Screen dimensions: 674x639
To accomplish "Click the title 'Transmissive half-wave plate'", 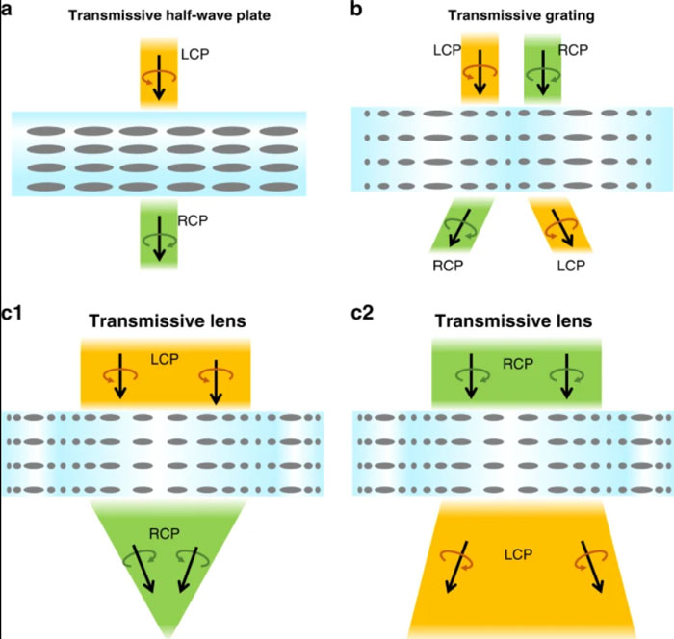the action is tap(169, 16).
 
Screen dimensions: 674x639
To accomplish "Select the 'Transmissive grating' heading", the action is tap(521, 16).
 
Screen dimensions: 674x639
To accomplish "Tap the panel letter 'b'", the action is tap(356, 8).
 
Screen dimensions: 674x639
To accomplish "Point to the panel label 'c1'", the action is tap(12, 313).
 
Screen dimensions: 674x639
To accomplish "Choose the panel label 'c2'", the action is tap(362, 313).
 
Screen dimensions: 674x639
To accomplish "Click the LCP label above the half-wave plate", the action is tap(194, 54).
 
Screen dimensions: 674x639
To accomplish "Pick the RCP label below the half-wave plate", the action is tap(193, 220).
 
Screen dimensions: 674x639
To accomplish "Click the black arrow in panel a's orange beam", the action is tap(159, 77).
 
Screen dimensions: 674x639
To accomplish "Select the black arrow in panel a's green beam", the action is tap(160, 238).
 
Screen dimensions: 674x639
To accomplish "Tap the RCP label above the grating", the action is tap(573, 50).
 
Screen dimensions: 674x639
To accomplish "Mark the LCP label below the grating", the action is tap(571, 266).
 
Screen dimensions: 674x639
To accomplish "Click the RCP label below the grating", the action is tap(448, 266).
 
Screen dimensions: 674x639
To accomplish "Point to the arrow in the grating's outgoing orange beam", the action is tap(562, 228).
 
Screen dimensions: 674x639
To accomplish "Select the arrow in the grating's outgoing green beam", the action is tap(459, 228).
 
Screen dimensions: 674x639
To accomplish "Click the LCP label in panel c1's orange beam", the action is tap(165, 359).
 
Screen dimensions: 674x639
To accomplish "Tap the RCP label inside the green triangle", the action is tap(165, 534).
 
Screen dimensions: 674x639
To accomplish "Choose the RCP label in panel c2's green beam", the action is tap(518, 364).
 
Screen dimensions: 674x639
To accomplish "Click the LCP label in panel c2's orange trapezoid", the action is tap(518, 554).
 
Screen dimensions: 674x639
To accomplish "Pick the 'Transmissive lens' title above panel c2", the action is tap(513, 321).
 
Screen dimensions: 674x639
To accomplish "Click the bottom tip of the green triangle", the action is tap(168, 637).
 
